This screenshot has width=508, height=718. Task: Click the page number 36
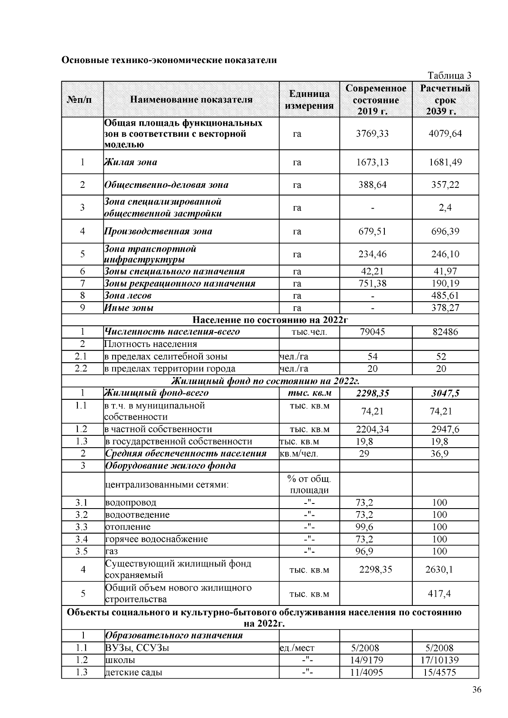477,690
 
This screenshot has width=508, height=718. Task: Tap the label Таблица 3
450,75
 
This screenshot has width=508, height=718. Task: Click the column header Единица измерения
309,100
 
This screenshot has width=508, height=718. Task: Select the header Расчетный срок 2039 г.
445,100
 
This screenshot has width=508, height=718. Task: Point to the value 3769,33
372,134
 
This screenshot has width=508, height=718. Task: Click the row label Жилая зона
131,162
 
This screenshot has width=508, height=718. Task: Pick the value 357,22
445,185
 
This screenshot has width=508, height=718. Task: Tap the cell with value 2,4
445,207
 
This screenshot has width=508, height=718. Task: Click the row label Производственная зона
158,231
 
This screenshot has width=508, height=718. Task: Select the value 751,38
372,283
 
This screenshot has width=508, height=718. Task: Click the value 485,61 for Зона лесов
445,296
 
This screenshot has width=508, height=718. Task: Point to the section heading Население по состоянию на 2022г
270,320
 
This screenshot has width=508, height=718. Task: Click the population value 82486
445,332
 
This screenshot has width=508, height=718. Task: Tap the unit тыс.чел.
309,332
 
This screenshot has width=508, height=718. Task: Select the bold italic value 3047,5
445,393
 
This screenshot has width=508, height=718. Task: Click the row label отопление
128,527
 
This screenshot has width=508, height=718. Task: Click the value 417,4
439,594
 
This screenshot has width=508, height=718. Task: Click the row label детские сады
134,673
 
